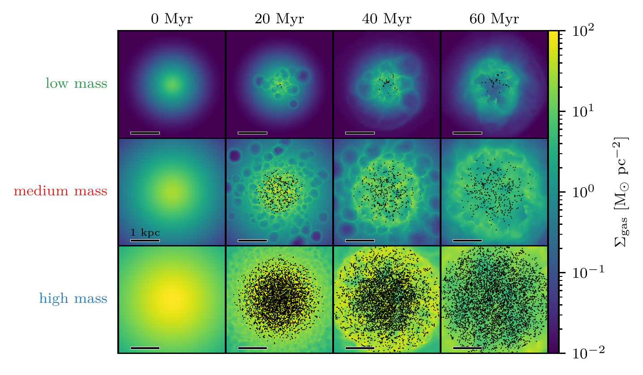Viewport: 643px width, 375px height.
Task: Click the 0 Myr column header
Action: pyautogui.click(x=172, y=19)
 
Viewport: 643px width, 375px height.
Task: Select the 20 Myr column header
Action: pyautogui.click(x=279, y=19)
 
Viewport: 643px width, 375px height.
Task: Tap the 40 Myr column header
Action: pyautogui.click(x=387, y=19)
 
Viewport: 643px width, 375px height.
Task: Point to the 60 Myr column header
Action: pyautogui.click(x=494, y=19)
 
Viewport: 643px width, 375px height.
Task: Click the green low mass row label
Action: pyautogui.click(x=76, y=83)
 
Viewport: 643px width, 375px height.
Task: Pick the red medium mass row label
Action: pyautogui.click(x=60, y=191)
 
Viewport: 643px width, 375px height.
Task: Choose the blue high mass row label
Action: pyautogui.click(x=73, y=298)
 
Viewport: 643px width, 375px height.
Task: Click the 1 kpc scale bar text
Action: pyautogui.click(x=145, y=233)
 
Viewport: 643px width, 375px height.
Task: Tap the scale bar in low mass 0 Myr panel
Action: pyautogui.click(x=145, y=133)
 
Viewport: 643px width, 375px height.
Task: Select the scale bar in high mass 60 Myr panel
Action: pyautogui.click(x=467, y=348)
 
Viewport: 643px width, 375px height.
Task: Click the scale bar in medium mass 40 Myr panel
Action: pyautogui.click(x=360, y=240)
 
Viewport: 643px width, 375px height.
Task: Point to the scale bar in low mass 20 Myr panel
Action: pyautogui.click(x=253, y=133)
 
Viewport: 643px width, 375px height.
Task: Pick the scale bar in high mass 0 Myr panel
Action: pyautogui.click(x=145, y=348)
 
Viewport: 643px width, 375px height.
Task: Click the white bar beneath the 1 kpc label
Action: pyautogui.click(x=145, y=240)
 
